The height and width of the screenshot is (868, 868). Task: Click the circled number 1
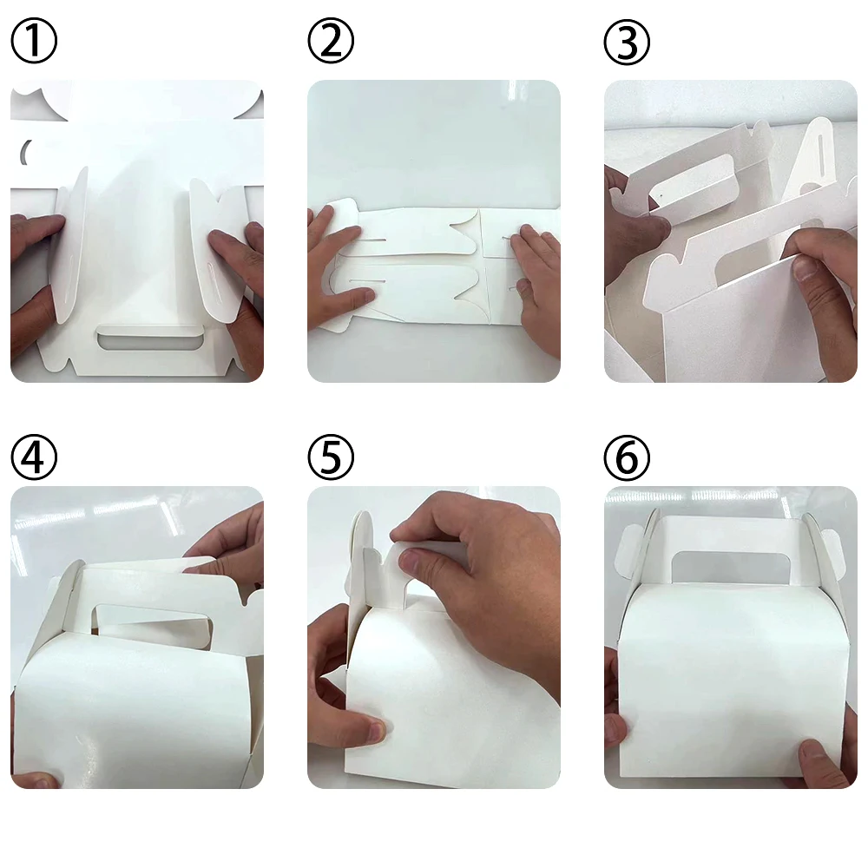coord(34,41)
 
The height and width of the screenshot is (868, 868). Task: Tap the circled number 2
coord(331,41)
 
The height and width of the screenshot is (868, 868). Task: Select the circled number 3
coord(627,42)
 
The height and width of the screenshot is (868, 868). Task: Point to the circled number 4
coord(34,457)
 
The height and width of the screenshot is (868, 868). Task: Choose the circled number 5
coord(331,457)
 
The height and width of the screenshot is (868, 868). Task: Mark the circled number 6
coord(627,457)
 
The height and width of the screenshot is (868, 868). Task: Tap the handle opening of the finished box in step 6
coord(732,567)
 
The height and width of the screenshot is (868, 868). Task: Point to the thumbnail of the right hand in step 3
coord(806,269)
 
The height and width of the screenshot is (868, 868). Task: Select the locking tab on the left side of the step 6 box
coord(628,552)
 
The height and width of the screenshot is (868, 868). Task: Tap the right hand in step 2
coord(534,289)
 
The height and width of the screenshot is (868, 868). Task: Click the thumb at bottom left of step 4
coord(35,780)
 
